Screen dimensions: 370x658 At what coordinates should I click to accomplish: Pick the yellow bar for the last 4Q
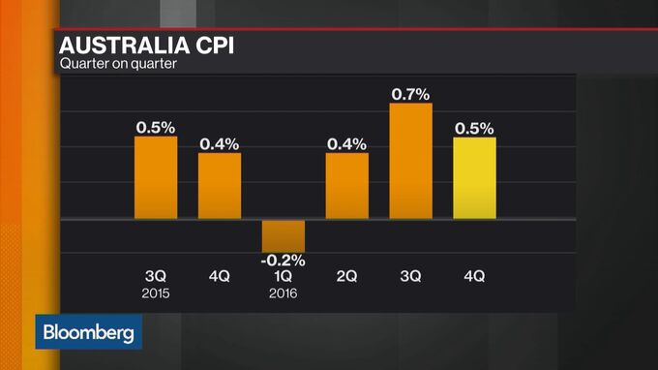474,178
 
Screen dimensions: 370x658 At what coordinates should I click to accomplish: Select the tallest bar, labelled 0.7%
410,161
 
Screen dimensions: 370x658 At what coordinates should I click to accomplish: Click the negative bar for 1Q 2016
284,235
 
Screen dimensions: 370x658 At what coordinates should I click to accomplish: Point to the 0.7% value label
410,93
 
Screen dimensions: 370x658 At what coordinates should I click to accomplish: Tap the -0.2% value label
284,260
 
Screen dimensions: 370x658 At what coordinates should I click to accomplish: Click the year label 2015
155,293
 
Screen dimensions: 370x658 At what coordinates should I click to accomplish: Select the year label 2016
284,293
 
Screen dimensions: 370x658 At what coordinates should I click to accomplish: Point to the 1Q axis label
284,277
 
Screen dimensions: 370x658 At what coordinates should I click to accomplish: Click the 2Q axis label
346,277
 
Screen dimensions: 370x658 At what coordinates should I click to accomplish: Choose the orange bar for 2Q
346,186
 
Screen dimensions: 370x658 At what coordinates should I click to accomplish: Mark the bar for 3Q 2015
155,178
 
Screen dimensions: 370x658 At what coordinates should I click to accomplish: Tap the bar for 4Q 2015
220,186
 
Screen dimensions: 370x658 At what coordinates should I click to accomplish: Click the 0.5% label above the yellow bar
474,128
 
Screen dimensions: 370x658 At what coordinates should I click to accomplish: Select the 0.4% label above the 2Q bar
346,144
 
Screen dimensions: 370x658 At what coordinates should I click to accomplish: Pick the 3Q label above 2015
155,277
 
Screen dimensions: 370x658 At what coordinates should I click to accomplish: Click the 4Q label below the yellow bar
474,277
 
